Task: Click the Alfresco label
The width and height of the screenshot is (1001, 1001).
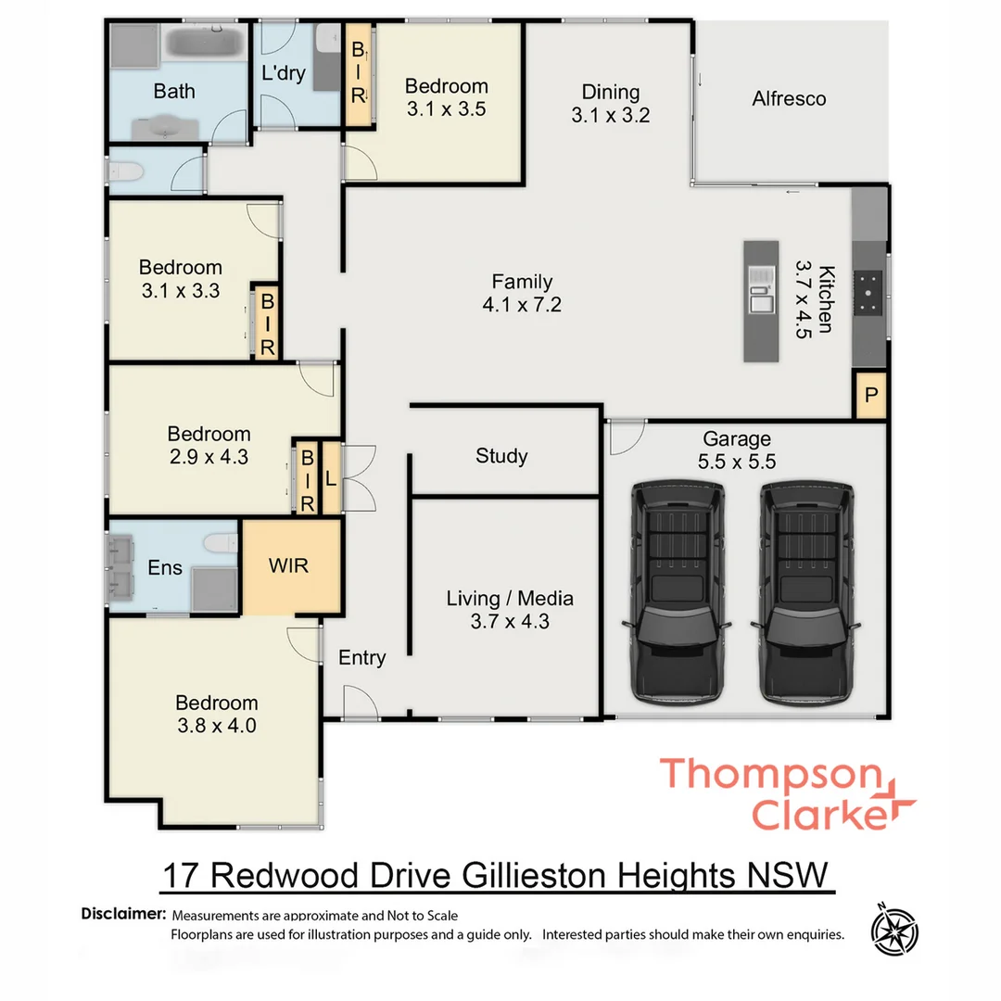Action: click(789, 98)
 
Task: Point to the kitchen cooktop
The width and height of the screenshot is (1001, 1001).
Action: click(869, 291)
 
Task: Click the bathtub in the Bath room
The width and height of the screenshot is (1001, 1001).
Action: click(206, 45)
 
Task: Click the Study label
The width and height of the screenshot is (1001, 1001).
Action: click(501, 456)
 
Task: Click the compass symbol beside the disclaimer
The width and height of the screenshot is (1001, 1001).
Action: click(894, 927)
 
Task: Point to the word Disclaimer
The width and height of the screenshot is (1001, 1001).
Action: click(123, 914)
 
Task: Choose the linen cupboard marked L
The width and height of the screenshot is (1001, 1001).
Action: click(330, 479)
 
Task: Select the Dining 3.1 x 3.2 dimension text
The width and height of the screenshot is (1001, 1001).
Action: click(611, 116)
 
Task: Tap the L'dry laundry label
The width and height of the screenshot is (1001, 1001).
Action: click(284, 74)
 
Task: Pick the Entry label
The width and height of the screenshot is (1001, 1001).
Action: click(361, 657)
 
